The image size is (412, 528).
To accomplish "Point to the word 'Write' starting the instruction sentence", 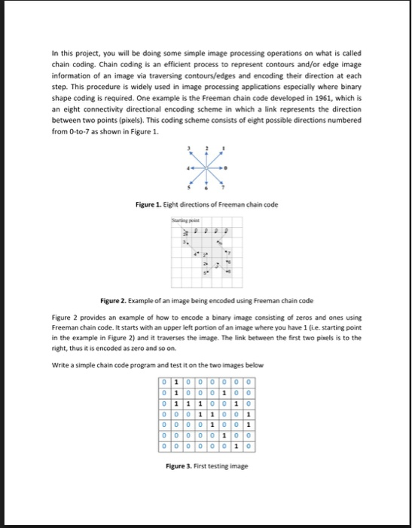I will click(61, 364).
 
